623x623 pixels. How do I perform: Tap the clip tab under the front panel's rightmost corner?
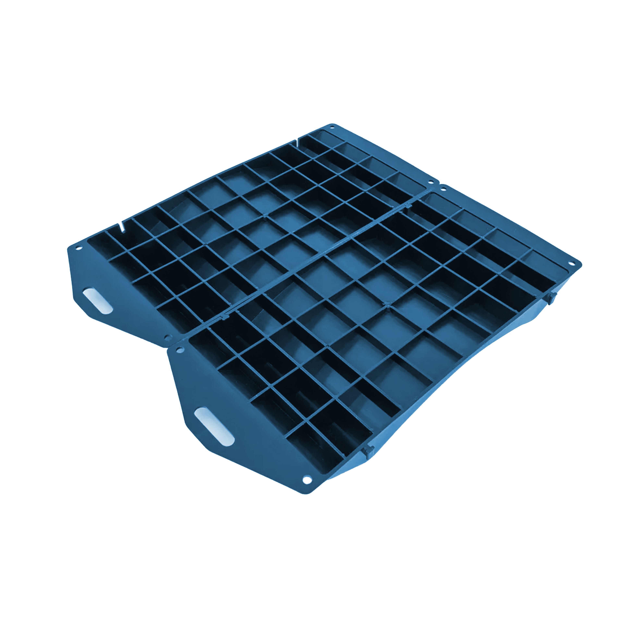550,298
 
